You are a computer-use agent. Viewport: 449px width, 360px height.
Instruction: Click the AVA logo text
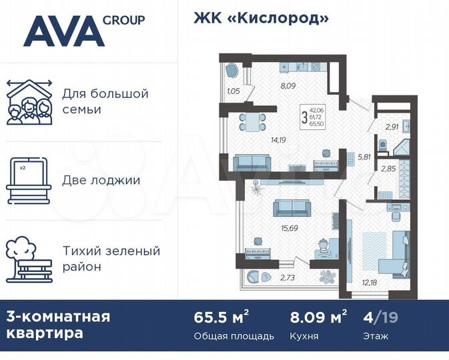(x=64, y=31)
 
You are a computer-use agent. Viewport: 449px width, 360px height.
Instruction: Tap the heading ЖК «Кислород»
(x=262, y=18)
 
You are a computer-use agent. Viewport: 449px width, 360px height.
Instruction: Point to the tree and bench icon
(x=29, y=259)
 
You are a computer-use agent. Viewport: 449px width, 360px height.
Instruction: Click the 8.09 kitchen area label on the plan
(x=288, y=85)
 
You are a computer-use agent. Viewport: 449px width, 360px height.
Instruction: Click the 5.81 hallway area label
(x=364, y=157)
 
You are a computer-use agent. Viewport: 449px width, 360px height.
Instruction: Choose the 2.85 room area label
(x=388, y=169)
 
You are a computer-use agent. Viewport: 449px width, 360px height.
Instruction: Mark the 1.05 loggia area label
(x=233, y=91)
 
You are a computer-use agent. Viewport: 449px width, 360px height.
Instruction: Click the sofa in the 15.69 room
(x=292, y=209)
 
